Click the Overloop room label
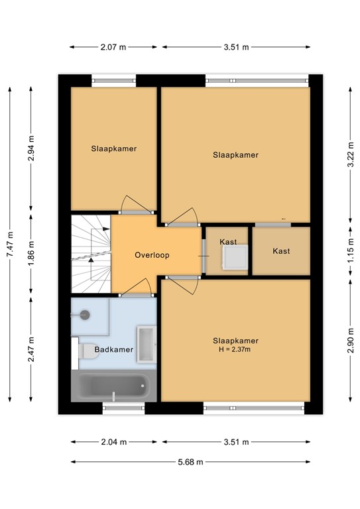tap(152, 254)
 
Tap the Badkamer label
tap(114, 349)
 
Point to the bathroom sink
tap(145, 344)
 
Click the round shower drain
tap(84, 315)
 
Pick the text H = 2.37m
tap(235, 350)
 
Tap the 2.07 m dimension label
tap(113, 47)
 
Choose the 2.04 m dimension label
tap(113, 442)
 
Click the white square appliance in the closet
tap(235, 258)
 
